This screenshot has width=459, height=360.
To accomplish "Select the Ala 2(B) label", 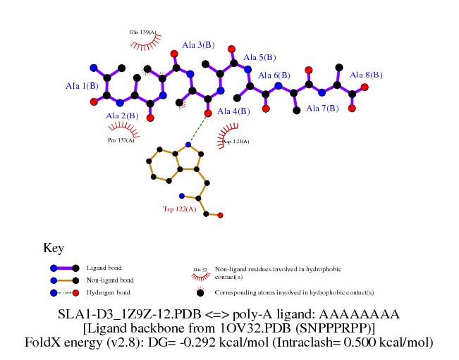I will tap(121, 116).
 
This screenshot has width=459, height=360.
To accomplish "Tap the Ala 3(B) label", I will tap(198, 45).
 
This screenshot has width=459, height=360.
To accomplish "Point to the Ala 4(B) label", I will tap(233, 111).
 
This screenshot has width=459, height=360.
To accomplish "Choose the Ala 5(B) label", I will tap(259, 58).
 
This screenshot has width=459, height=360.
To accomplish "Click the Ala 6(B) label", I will tap(274, 75).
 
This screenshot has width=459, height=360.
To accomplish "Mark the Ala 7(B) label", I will tap(322, 108).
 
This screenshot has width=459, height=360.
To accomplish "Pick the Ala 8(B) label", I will tap(366, 75).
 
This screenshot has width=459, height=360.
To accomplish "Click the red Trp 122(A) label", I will tap(180, 209).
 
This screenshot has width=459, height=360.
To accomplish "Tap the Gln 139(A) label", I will tap(143, 32).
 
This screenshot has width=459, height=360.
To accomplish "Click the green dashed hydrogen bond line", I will tap(198, 129).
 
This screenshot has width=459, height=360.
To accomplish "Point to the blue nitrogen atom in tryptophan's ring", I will tap(188, 145).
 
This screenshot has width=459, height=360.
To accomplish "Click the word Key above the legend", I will tap(54, 248).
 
